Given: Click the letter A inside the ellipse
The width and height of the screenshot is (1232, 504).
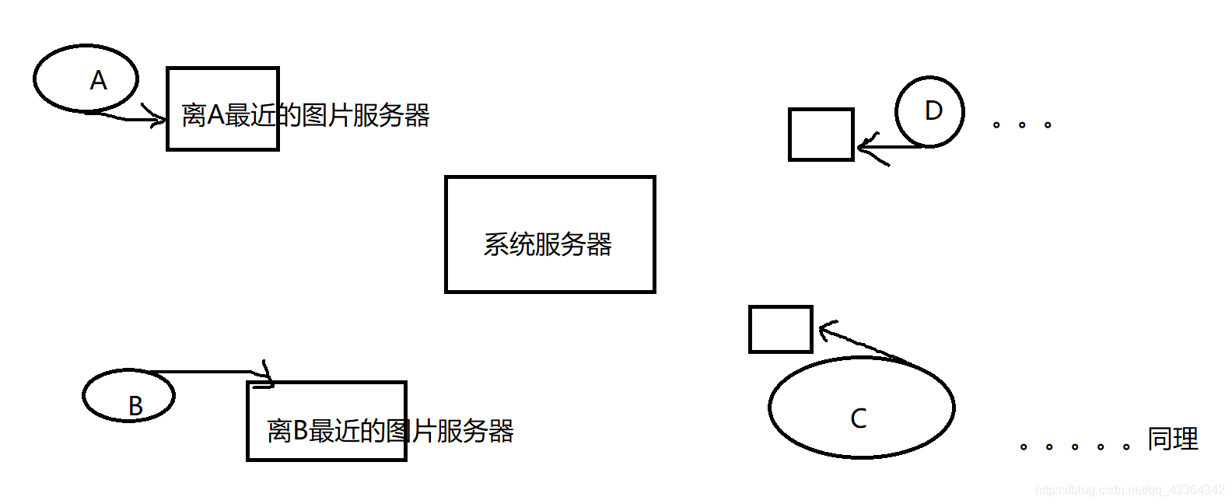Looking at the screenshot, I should pyautogui.click(x=98, y=80).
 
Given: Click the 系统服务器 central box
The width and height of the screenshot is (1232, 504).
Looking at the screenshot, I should pyautogui.click(x=550, y=202).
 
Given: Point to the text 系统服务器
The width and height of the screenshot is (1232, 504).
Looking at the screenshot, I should pyautogui.click(x=548, y=244).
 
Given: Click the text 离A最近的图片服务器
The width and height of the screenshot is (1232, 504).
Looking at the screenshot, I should pyautogui.click(x=306, y=116).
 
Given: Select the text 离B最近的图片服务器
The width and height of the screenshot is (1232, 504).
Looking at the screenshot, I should pyautogui.click(x=390, y=430).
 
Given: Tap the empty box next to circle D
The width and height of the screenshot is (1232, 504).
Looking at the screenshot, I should pyautogui.click(x=821, y=135).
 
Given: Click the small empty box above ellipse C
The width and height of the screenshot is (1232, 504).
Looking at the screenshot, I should pyautogui.click(x=780, y=329).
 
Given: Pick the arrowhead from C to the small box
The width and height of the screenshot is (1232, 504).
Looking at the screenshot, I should pyautogui.click(x=824, y=330).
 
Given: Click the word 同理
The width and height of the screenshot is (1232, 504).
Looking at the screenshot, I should pyautogui.click(x=1173, y=439).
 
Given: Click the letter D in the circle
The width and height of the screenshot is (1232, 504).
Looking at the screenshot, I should pyautogui.click(x=933, y=110).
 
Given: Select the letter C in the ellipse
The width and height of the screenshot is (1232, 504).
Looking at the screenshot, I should pyautogui.click(x=859, y=418).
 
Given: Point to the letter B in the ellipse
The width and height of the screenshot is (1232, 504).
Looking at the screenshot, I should pyautogui.click(x=135, y=406).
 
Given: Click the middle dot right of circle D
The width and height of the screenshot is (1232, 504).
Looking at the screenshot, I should pyautogui.click(x=1022, y=124).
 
